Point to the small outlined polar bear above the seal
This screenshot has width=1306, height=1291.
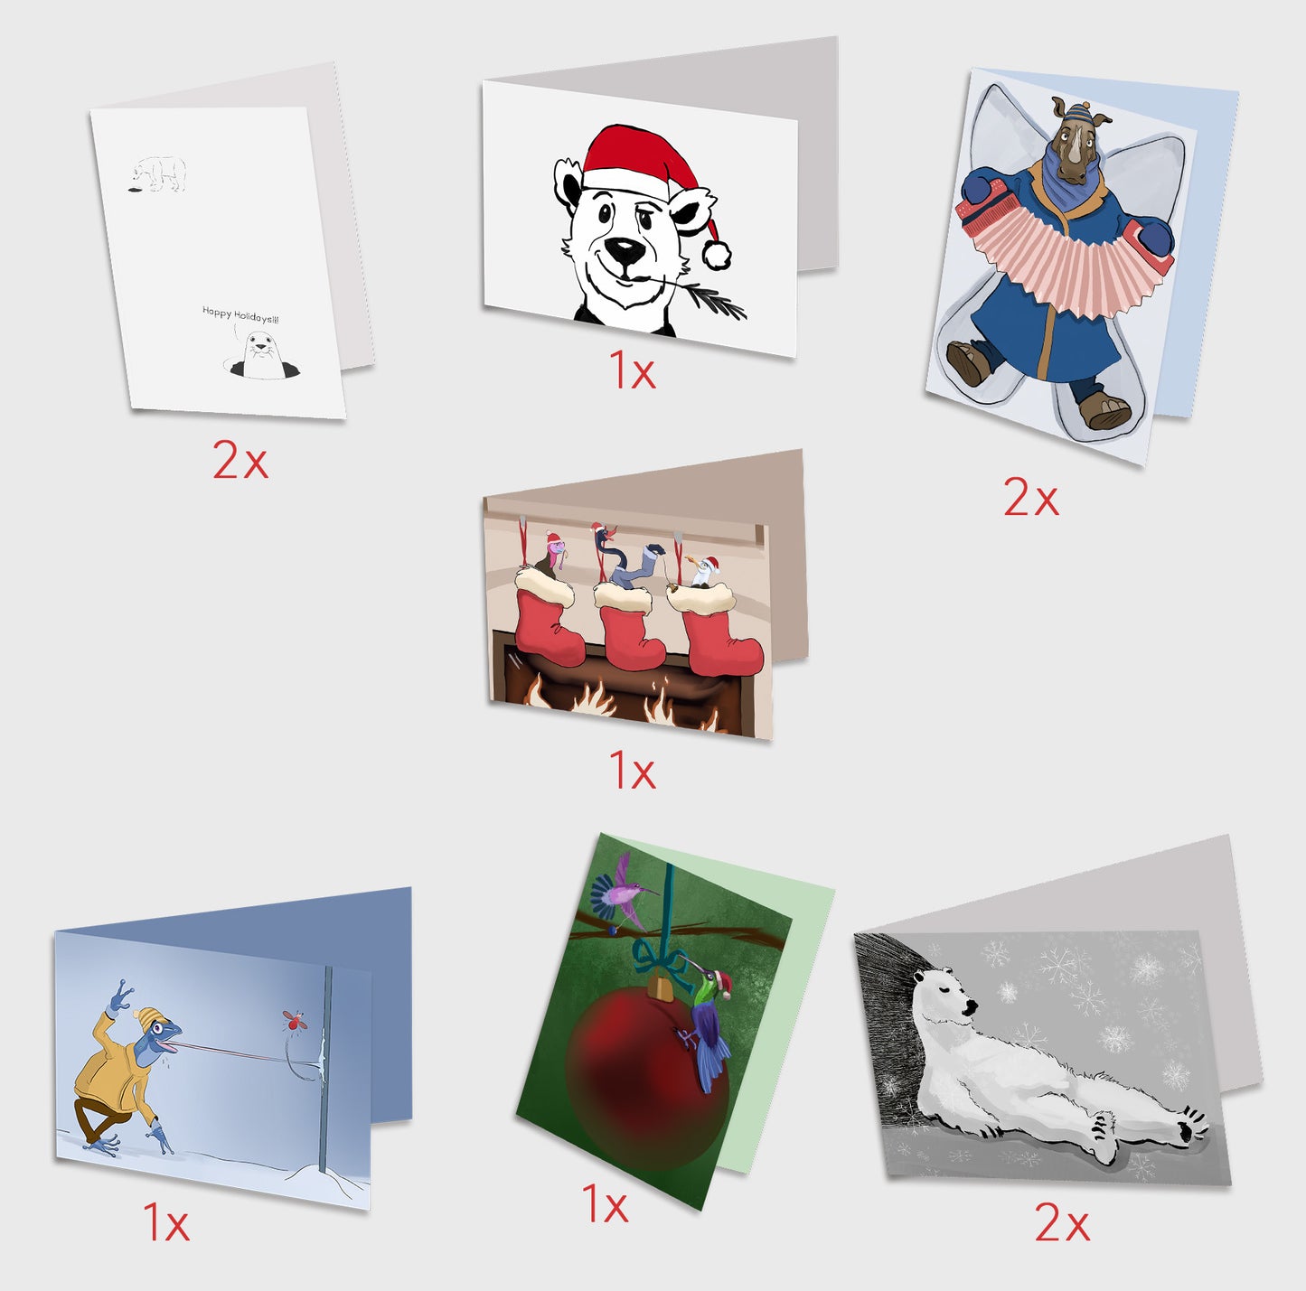click(158, 173)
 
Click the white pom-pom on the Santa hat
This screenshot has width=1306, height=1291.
click(717, 255)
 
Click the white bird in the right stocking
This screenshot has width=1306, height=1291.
click(705, 572)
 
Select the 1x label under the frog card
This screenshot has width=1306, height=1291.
click(166, 1221)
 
